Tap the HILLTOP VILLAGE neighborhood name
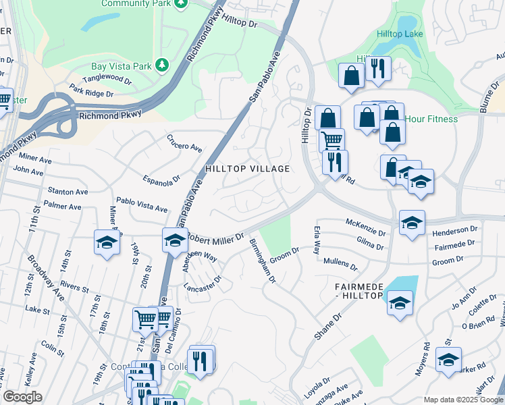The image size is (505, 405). (x=247, y=169)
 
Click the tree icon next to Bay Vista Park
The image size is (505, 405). (x=161, y=65)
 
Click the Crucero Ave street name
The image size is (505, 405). (x=184, y=142)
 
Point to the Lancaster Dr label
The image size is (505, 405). (x=203, y=283)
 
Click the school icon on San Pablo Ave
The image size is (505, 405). (x=174, y=240)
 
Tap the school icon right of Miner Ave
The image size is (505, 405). (x=107, y=242)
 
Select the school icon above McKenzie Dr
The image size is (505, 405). (x=412, y=222)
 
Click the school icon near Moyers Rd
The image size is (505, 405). (x=448, y=360)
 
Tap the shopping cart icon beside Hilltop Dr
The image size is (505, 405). (x=331, y=140)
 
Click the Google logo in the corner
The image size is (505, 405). (x=22, y=397)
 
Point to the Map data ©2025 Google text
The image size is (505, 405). (x=463, y=400)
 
